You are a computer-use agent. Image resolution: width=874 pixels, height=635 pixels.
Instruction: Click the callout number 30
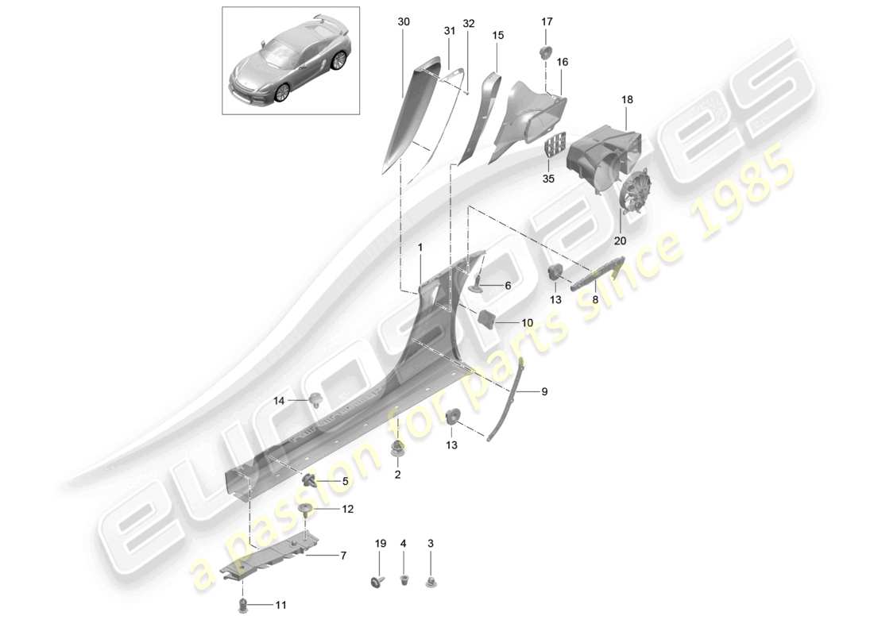tap(404, 23)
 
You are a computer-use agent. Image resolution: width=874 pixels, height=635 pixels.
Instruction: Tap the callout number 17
tap(547, 21)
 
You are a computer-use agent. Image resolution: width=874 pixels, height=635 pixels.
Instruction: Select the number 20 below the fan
tap(620, 241)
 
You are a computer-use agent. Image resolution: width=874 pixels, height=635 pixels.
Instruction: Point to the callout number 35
tap(547, 179)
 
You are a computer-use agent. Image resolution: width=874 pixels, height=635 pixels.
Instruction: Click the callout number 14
tap(278, 401)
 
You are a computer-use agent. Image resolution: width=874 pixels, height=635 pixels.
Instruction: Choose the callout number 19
tap(380, 544)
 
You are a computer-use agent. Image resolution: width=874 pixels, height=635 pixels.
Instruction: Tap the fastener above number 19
tap(379, 581)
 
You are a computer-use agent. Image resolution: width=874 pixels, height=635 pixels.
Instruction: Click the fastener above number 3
tap(431, 583)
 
